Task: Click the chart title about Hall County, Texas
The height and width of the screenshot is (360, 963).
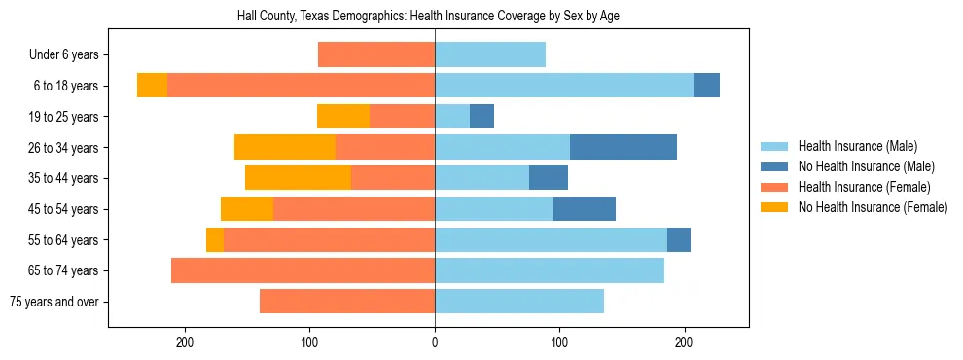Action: [x=428, y=17]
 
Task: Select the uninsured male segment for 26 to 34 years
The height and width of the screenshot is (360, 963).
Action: [x=624, y=148]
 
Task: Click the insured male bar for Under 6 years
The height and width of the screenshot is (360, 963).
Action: [x=490, y=55]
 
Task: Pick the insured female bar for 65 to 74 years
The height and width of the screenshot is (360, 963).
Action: [x=303, y=270]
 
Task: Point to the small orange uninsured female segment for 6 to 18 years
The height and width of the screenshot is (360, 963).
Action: [x=152, y=86]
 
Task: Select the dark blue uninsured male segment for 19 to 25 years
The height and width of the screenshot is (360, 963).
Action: [x=481, y=117]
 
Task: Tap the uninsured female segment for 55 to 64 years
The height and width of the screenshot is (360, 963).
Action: [x=215, y=240]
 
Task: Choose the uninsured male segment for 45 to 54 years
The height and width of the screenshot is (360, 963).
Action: [x=585, y=209]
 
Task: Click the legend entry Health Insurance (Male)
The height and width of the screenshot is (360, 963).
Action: [x=857, y=146]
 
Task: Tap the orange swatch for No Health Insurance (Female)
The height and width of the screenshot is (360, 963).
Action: [x=774, y=207]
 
